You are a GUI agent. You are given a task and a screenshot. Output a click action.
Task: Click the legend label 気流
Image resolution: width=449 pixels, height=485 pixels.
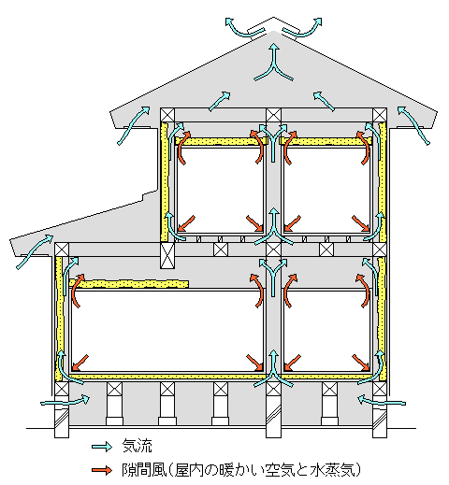point(137,446)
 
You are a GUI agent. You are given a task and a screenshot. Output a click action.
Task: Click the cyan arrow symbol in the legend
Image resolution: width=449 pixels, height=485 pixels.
point(102,447)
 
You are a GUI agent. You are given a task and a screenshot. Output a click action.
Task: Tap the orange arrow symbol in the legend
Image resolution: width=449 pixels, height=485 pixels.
point(102,470)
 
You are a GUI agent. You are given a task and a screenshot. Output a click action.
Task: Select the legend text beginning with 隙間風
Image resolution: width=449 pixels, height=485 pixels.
point(240,470)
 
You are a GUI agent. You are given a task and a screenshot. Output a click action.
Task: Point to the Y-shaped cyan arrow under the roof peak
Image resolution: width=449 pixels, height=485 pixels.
point(274,63)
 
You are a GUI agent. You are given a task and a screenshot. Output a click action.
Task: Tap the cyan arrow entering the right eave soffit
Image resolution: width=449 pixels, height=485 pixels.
point(413,124)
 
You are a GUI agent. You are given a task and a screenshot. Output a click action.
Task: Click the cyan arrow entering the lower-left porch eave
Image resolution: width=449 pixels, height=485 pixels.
point(35,251)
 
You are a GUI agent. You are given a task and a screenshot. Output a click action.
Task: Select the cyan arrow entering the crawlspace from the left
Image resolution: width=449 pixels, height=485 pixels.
point(65,401)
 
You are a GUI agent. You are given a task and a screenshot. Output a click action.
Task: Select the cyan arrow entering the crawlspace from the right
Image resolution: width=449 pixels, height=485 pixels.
point(382,401)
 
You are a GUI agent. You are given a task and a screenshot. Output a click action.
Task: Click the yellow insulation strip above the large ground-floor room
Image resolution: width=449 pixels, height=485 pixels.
point(129,284)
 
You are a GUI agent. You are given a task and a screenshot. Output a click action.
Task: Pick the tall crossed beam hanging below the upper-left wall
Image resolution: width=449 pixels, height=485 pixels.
point(167,255)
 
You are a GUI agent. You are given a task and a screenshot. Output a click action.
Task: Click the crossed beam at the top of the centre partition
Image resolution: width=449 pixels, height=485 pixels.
point(273,115)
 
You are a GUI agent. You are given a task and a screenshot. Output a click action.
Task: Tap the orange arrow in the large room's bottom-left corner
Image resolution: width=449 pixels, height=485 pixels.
point(80,363)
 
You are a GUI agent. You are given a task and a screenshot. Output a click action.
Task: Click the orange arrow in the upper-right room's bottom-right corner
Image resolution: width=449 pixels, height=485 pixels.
point(361,223)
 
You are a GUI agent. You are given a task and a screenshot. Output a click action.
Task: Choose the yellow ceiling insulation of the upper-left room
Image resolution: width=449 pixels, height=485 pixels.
point(221,141)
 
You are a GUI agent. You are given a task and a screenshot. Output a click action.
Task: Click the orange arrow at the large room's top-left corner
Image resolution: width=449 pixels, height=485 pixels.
point(78,291)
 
